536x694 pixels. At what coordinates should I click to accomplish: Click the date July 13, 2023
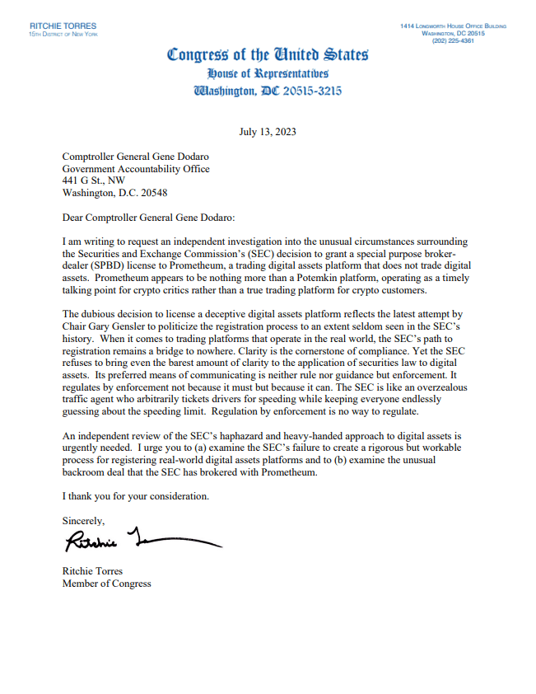coord(268,132)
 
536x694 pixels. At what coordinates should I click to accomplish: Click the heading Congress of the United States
coord(268,55)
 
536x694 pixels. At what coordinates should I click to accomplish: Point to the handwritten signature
coord(140,542)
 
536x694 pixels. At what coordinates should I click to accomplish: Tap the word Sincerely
coord(83,520)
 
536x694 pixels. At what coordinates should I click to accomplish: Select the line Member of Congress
coord(107,584)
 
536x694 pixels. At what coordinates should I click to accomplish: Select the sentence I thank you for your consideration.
coord(136,497)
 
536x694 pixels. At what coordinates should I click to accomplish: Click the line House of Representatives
coord(268,73)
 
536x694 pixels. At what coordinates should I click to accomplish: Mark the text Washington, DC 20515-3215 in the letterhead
coord(268,91)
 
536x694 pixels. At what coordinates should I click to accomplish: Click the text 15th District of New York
coord(58,34)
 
